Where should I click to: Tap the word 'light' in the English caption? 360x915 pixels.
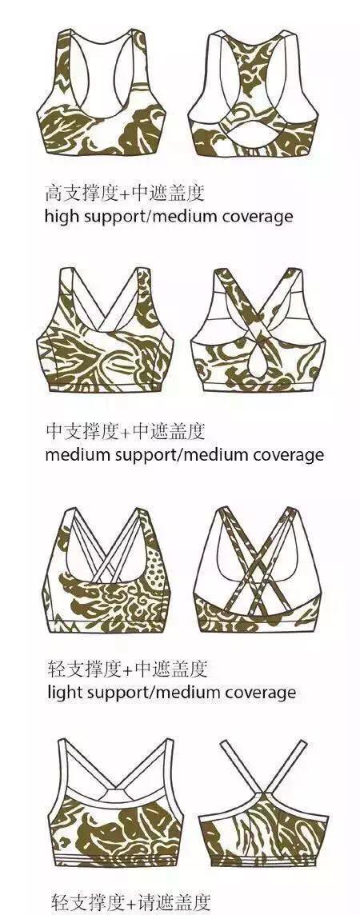click(x=63, y=693)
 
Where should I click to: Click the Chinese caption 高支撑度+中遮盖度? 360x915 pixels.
click(x=125, y=192)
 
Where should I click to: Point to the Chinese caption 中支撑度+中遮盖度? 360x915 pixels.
click(x=126, y=431)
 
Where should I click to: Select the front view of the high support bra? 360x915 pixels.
click(x=102, y=94)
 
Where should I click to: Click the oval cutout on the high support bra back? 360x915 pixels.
click(x=253, y=135)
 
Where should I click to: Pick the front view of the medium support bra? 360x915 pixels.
click(x=106, y=330)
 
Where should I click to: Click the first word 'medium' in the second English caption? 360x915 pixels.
click(x=78, y=454)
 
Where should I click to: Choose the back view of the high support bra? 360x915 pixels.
click(x=253, y=94)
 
